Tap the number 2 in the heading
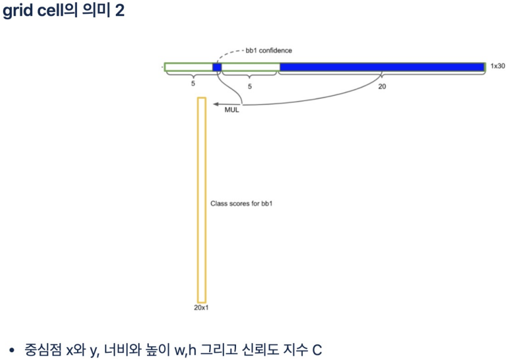click(119, 11)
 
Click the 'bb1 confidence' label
click(268, 51)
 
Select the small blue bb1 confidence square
click(217, 67)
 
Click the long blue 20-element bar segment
click(382, 67)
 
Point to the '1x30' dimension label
click(498, 66)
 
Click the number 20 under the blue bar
click(382, 86)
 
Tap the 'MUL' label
click(231, 110)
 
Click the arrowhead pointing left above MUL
click(217, 104)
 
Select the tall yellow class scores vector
click(201, 200)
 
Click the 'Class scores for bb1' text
click(241, 204)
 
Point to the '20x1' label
click(201, 308)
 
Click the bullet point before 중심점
click(11, 349)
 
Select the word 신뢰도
click(263, 349)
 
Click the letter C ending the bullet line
click(317, 349)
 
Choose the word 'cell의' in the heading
click(60, 11)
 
